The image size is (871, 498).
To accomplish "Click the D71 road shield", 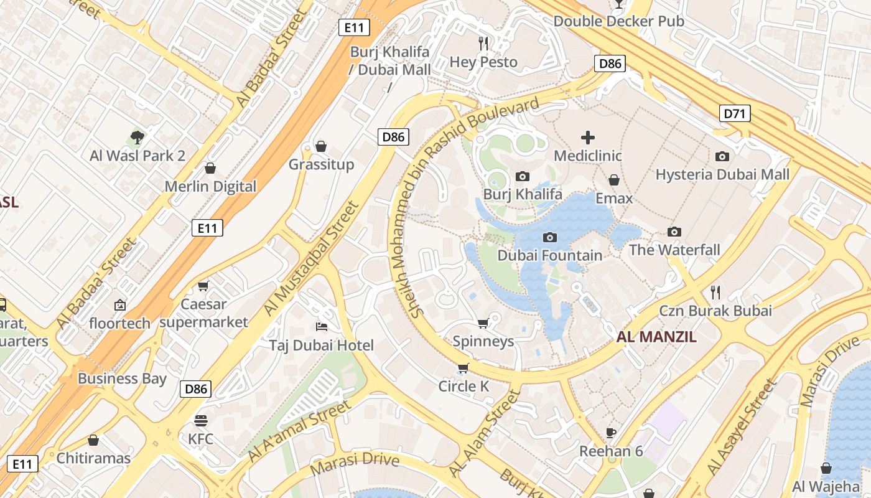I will (735, 113).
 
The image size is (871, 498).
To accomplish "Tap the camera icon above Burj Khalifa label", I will (523, 176).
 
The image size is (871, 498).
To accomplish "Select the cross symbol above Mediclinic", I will (588, 138).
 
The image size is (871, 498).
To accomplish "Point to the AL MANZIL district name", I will (656, 337).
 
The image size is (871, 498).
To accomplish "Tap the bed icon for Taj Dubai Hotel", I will (321, 327).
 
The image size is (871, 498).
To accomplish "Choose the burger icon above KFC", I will (200, 420).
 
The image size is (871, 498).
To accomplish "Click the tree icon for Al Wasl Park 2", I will (137, 137).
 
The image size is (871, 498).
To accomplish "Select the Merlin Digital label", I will (210, 186).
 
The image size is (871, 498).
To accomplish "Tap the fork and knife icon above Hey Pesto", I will (483, 43).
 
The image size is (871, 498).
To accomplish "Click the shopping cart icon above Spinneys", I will (483, 323).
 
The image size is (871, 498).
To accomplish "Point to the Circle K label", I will (463, 387).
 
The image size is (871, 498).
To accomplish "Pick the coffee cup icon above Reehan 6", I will (611, 433).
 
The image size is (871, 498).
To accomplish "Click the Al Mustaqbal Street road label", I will (312, 258).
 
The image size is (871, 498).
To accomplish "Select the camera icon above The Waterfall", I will (674, 232).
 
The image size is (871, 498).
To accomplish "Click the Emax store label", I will (613, 199).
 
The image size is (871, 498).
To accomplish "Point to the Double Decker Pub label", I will (618, 21).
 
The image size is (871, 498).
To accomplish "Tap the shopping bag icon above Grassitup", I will (321, 146).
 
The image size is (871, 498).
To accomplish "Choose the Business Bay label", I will (122, 378).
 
